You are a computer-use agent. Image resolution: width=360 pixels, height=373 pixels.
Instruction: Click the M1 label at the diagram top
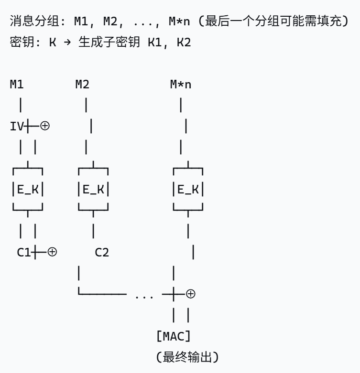pos(17,85)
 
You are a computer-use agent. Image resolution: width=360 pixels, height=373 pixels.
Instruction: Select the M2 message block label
pos(82,85)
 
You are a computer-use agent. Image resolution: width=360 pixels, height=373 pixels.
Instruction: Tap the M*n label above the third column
pos(181,85)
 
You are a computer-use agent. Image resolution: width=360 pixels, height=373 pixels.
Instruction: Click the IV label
pos(16,127)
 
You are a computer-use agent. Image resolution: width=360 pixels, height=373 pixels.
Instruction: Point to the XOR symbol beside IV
pos(45,127)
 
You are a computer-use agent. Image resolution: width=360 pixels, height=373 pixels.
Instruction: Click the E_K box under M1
pos(27,190)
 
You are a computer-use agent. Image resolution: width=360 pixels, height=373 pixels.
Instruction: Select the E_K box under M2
pos(93,190)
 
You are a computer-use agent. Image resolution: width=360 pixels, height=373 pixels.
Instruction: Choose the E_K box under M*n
pos(188,190)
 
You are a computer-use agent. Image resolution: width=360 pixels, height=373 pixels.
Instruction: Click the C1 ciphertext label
pos(23,252)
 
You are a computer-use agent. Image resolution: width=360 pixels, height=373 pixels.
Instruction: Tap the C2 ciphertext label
pos(102,252)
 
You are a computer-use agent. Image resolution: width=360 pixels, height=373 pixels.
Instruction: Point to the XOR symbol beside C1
pos(52,252)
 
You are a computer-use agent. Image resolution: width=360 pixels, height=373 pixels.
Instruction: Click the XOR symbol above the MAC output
pos(190,294)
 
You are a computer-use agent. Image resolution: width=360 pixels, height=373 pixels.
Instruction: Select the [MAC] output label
pos(174,336)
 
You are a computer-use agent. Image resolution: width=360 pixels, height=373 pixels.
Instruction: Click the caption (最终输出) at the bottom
pos(187,357)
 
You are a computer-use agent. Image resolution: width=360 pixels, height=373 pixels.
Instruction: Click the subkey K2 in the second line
pos(184,43)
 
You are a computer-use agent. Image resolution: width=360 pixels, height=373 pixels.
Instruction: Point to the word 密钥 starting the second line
pos(20,43)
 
